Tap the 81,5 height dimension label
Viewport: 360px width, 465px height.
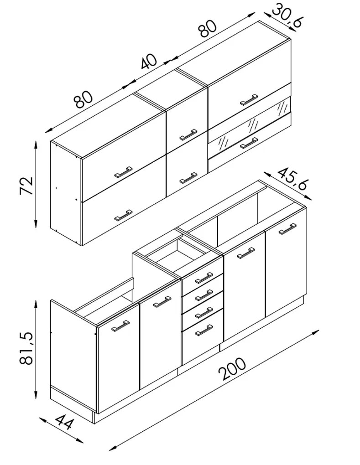click(x=26, y=347)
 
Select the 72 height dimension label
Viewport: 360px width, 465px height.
click(x=26, y=186)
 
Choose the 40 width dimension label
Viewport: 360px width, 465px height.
click(x=148, y=62)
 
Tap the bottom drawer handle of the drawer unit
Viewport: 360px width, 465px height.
click(x=204, y=331)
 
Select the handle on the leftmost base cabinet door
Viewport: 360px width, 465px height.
click(x=120, y=325)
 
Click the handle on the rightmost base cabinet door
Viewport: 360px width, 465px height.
click(x=287, y=229)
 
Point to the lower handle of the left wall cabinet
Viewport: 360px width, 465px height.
click(x=123, y=216)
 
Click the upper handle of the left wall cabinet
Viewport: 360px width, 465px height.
click(x=123, y=172)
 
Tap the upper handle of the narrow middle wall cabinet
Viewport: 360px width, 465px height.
click(x=188, y=134)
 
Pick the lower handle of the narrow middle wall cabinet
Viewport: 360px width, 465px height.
click(x=188, y=178)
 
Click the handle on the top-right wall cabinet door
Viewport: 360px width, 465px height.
click(x=249, y=100)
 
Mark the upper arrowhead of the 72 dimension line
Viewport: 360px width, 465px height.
click(x=36, y=145)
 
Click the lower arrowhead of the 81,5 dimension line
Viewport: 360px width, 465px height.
click(x=36, y=396)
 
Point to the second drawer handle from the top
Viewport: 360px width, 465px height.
click(x=204, y=295)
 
